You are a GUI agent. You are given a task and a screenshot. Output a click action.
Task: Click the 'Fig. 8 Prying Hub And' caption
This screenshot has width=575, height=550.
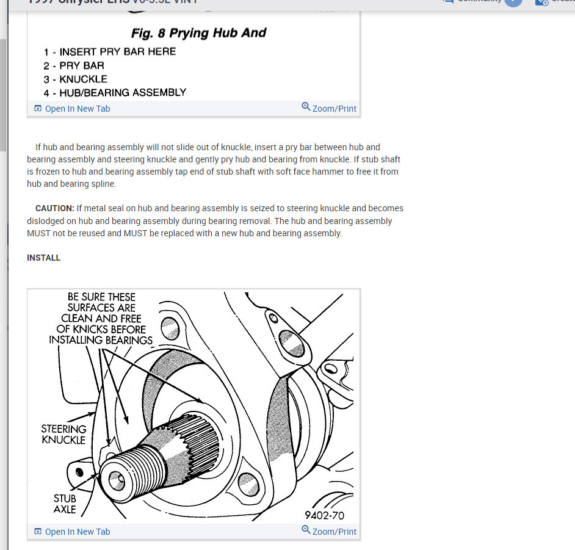(199, 33)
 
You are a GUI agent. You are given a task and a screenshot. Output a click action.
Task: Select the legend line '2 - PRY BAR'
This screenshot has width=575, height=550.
(74, 65)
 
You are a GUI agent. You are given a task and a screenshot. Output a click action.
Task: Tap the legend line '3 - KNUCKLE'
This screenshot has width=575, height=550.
(75, 79)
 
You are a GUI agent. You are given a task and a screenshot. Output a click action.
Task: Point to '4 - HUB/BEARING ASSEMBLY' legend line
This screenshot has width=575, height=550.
(115, 93)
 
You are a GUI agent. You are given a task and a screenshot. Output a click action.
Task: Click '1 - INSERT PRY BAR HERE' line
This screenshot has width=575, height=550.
(110, 52)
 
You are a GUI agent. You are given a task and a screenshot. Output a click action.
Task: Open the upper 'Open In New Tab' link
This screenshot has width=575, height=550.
(77, 109)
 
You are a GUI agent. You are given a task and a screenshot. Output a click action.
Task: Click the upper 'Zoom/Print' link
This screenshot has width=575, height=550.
(334, 109)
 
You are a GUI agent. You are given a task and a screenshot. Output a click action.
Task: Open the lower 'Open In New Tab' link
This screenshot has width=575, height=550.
(77, 532)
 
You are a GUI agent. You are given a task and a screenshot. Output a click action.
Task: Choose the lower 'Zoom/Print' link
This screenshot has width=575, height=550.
(334, 532)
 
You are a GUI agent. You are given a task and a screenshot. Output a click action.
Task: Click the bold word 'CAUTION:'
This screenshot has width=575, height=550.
(55, 208)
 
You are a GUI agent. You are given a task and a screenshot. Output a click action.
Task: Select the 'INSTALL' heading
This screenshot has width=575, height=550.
(44, 258)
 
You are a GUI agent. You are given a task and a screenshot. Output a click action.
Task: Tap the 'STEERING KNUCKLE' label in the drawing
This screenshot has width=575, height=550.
(63, 434)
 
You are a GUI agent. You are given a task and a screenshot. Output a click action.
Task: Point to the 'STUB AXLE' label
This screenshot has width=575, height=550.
(65, 504)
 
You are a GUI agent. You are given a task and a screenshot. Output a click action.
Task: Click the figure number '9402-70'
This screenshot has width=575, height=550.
(324, 516)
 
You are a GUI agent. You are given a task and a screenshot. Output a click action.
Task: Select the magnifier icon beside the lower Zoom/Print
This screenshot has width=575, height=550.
(306, 530)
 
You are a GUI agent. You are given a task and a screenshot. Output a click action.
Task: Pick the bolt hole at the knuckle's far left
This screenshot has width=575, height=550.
(79, 472)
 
